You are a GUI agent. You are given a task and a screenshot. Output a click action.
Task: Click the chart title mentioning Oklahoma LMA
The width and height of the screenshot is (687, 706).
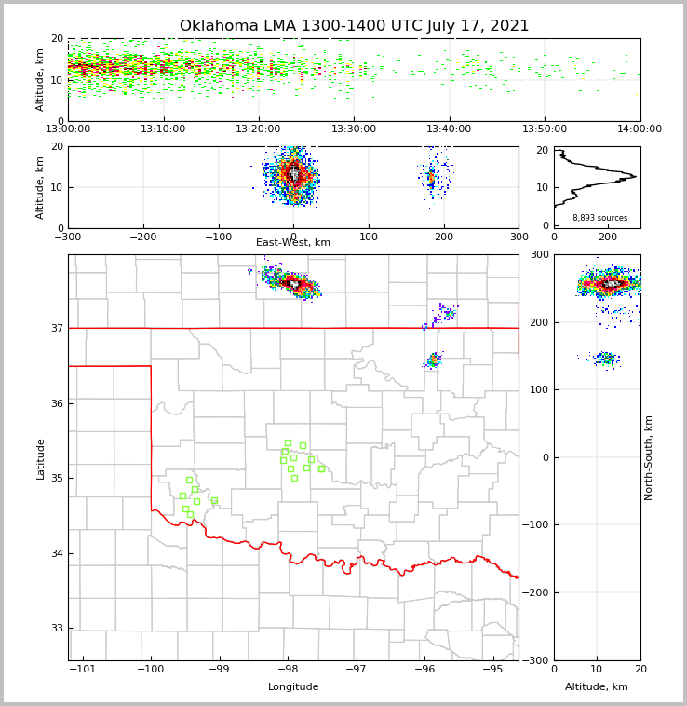pos(354,26)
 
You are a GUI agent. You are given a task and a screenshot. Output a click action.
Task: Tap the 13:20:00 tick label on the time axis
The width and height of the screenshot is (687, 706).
pos(258,129)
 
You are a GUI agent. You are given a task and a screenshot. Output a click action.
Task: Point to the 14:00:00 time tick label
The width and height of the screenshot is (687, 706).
pos(640,129)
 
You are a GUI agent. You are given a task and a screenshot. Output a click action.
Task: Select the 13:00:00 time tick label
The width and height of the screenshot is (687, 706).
pos(68,129)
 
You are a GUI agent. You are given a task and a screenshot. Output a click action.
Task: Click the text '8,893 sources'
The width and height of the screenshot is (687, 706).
pos(599,218)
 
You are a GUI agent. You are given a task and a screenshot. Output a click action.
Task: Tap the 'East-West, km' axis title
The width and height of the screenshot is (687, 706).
pos(293,243)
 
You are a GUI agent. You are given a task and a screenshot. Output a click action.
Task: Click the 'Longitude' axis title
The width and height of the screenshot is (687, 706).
pos(293,687)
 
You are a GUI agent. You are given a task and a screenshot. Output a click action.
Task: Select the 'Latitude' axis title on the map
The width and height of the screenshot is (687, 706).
pos(40,458)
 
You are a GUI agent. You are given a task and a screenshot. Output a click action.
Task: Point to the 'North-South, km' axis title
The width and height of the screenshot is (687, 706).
pos(649,457)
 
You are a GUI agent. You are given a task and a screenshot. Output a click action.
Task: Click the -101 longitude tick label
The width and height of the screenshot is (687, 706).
pos(83,669)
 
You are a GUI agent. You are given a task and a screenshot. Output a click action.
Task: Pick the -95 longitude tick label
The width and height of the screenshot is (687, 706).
pos(492,669)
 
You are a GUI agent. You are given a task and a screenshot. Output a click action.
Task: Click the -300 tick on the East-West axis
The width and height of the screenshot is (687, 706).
pos(68,237)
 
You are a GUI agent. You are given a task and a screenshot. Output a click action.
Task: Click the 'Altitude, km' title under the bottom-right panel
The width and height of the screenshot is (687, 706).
pos(597,687)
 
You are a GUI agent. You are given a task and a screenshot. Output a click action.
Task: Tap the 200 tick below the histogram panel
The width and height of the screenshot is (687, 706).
pos(608,237)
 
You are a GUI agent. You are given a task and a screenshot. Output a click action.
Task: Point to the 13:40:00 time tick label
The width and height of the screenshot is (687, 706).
pos(449,129)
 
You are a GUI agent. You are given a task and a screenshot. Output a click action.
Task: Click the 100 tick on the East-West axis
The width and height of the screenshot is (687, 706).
pos(369,237)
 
